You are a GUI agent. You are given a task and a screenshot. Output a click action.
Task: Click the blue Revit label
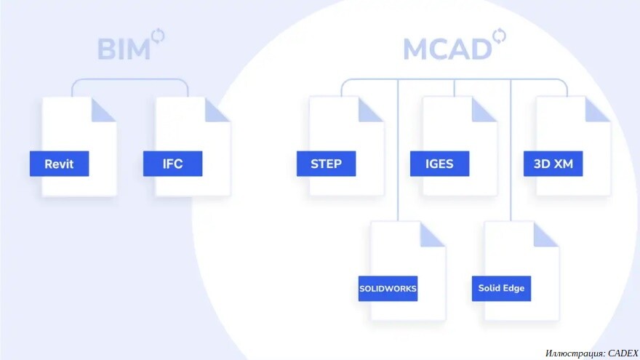(59, 164)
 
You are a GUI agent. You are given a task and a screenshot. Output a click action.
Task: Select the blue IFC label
(172, 164)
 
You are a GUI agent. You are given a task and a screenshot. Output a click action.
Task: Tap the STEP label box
(326, 164)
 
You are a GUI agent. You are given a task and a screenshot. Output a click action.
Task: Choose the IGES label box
(439, 164)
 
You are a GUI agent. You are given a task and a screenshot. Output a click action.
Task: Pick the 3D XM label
(553, 164)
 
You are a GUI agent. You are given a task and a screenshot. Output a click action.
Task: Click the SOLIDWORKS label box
(388, 289)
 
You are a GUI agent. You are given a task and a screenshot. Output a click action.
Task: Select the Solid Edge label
(501, 289)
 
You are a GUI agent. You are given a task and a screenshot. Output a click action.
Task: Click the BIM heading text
(124, 49)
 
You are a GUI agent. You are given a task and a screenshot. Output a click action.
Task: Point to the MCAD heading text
(447, 49)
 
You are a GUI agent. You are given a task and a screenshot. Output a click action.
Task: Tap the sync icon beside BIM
(158, 36)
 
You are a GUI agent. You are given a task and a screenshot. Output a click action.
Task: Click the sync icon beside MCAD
(499, 36)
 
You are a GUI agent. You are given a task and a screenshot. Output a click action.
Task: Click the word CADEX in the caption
(623, 353)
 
